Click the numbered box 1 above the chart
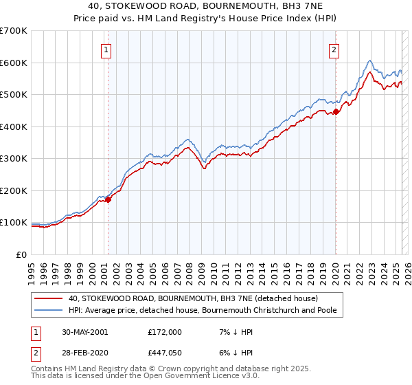pos(108,49)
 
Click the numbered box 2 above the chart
pos(334,49)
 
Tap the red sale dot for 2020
pos(336,112)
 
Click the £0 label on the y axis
pos(23,254)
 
